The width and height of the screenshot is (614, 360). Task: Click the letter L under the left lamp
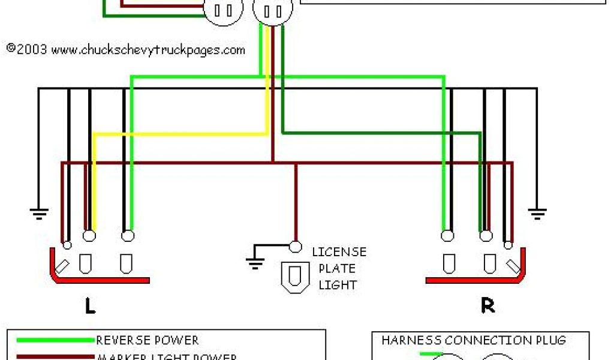click(x=90, y=306)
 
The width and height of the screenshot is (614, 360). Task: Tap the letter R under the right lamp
click(x=487, y=306)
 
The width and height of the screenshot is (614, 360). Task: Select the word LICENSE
click(x=339, y=252)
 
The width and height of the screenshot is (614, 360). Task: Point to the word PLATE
click(x=337, y=268)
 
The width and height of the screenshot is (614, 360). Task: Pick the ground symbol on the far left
click(x=39, y=211)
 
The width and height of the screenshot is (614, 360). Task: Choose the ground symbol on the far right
click(x=537, y=211)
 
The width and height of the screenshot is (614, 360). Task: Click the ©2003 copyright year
click(x=27, y=49)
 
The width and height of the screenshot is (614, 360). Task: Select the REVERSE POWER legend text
click(x=148, y=341)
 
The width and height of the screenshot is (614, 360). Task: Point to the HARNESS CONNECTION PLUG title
click(x=473, y=341)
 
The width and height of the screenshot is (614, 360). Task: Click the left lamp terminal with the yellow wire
click(x=89, y=236)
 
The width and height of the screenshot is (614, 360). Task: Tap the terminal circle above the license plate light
click(x=295, y=246)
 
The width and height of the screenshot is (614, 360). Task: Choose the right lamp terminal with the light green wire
click(x=447, y=236)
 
